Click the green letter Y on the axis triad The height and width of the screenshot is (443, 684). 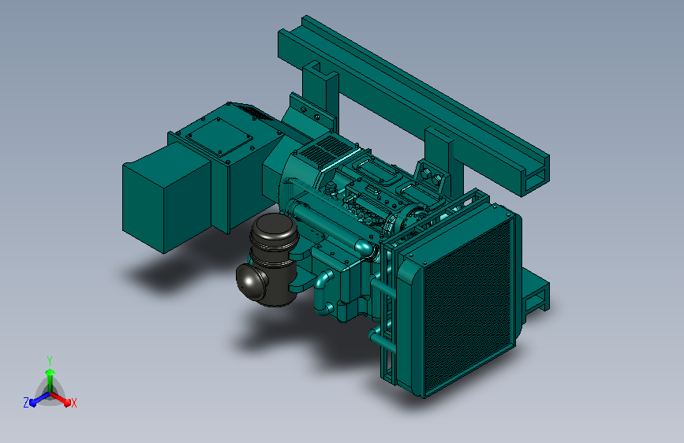(x=50, y=360)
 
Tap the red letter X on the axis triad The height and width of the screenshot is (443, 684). (x=73, y=403)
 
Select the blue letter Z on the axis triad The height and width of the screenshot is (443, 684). (x=26, y=403)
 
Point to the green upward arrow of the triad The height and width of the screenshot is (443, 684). (x=50, y=380)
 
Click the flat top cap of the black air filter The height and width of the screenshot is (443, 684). (x=275, y=224)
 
